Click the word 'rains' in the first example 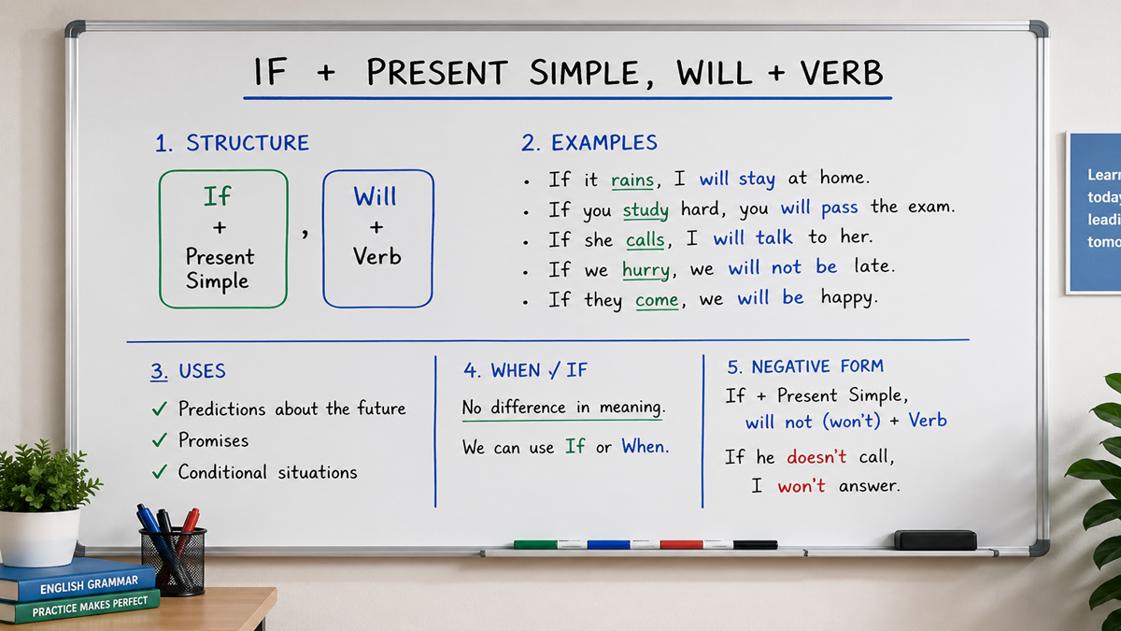click(632, 179)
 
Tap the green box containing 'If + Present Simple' click(223, 238)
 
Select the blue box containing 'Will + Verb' click(377, 238)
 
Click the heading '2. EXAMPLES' click(589, 143)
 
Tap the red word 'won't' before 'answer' click(802, 486)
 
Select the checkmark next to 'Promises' click(160, 440)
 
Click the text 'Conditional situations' click(267, 472)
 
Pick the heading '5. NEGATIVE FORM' click(805, 366)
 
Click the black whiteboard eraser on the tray click(935, 539)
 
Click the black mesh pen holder click(173, 562)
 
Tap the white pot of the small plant click(39, 537)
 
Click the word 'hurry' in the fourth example click(646, 269)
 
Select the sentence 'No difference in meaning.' click(562, 408)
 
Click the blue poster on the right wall click(1094, 213)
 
